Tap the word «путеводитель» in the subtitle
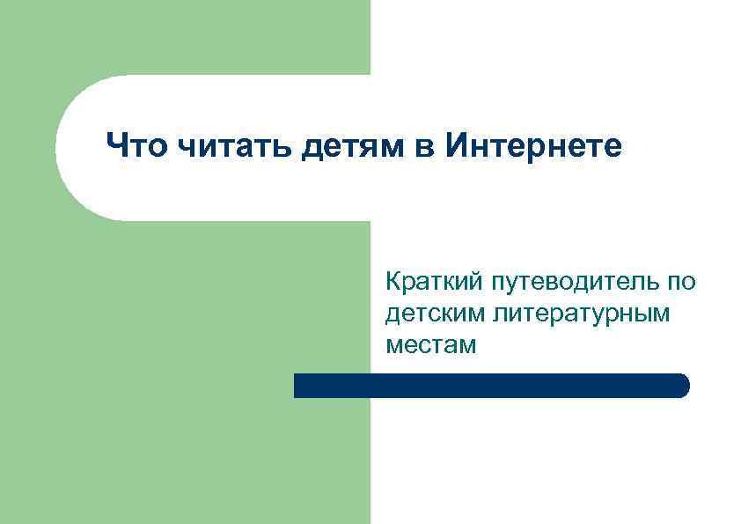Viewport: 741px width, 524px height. point(564,283)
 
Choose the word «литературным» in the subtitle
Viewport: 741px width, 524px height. point(582,314)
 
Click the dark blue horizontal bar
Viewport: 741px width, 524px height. point(491,386)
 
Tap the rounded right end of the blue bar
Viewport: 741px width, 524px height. point(682,386)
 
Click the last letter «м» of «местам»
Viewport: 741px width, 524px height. point(466,345)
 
